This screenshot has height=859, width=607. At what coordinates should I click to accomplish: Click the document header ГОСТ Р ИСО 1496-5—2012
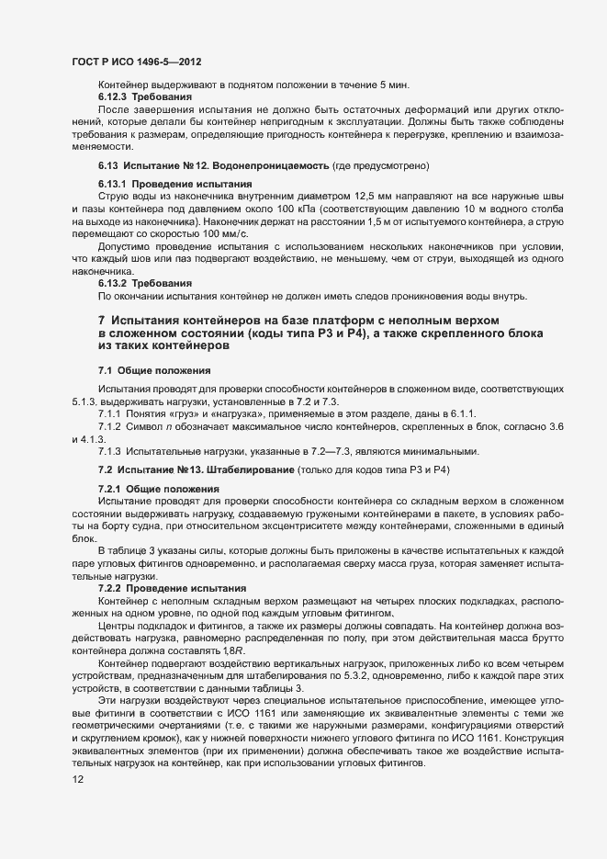136,62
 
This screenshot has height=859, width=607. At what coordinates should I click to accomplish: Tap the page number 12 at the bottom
78,780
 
